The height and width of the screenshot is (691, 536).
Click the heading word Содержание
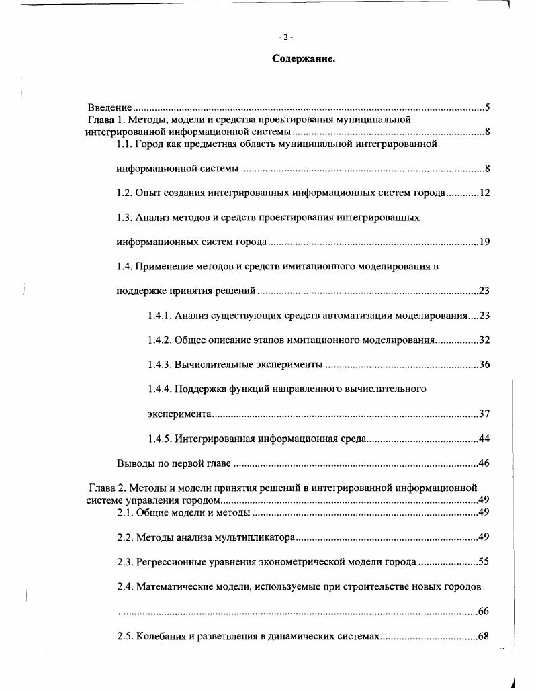click(x=304, y=59)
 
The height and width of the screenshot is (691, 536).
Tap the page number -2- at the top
click(x=286, y=36)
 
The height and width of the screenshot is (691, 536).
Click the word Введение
click(x=109, y=107)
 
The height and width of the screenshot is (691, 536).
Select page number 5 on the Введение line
click(x=487, y=107)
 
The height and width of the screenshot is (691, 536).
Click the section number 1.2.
click(x=124, y=193)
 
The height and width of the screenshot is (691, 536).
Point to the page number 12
click(x=484, y=193)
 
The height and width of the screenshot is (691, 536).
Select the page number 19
click(x=484, y=242)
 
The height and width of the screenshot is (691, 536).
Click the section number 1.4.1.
click(x=159, y=316)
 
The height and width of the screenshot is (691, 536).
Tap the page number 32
click(x=484, y=340)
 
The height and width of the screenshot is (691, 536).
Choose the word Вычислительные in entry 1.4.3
click(x=214, y=365)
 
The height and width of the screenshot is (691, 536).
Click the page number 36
click(x=484, y=365)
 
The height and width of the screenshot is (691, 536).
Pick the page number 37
click(x=484, y=414)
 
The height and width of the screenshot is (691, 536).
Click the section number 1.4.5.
click(x=159, y=439)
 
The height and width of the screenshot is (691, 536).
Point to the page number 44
click(x=484, y=439)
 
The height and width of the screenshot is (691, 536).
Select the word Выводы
click(x=134, y=463)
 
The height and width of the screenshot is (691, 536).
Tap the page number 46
click(x=484, y=463)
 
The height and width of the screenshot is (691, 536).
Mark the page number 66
click(x=484, y=611)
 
